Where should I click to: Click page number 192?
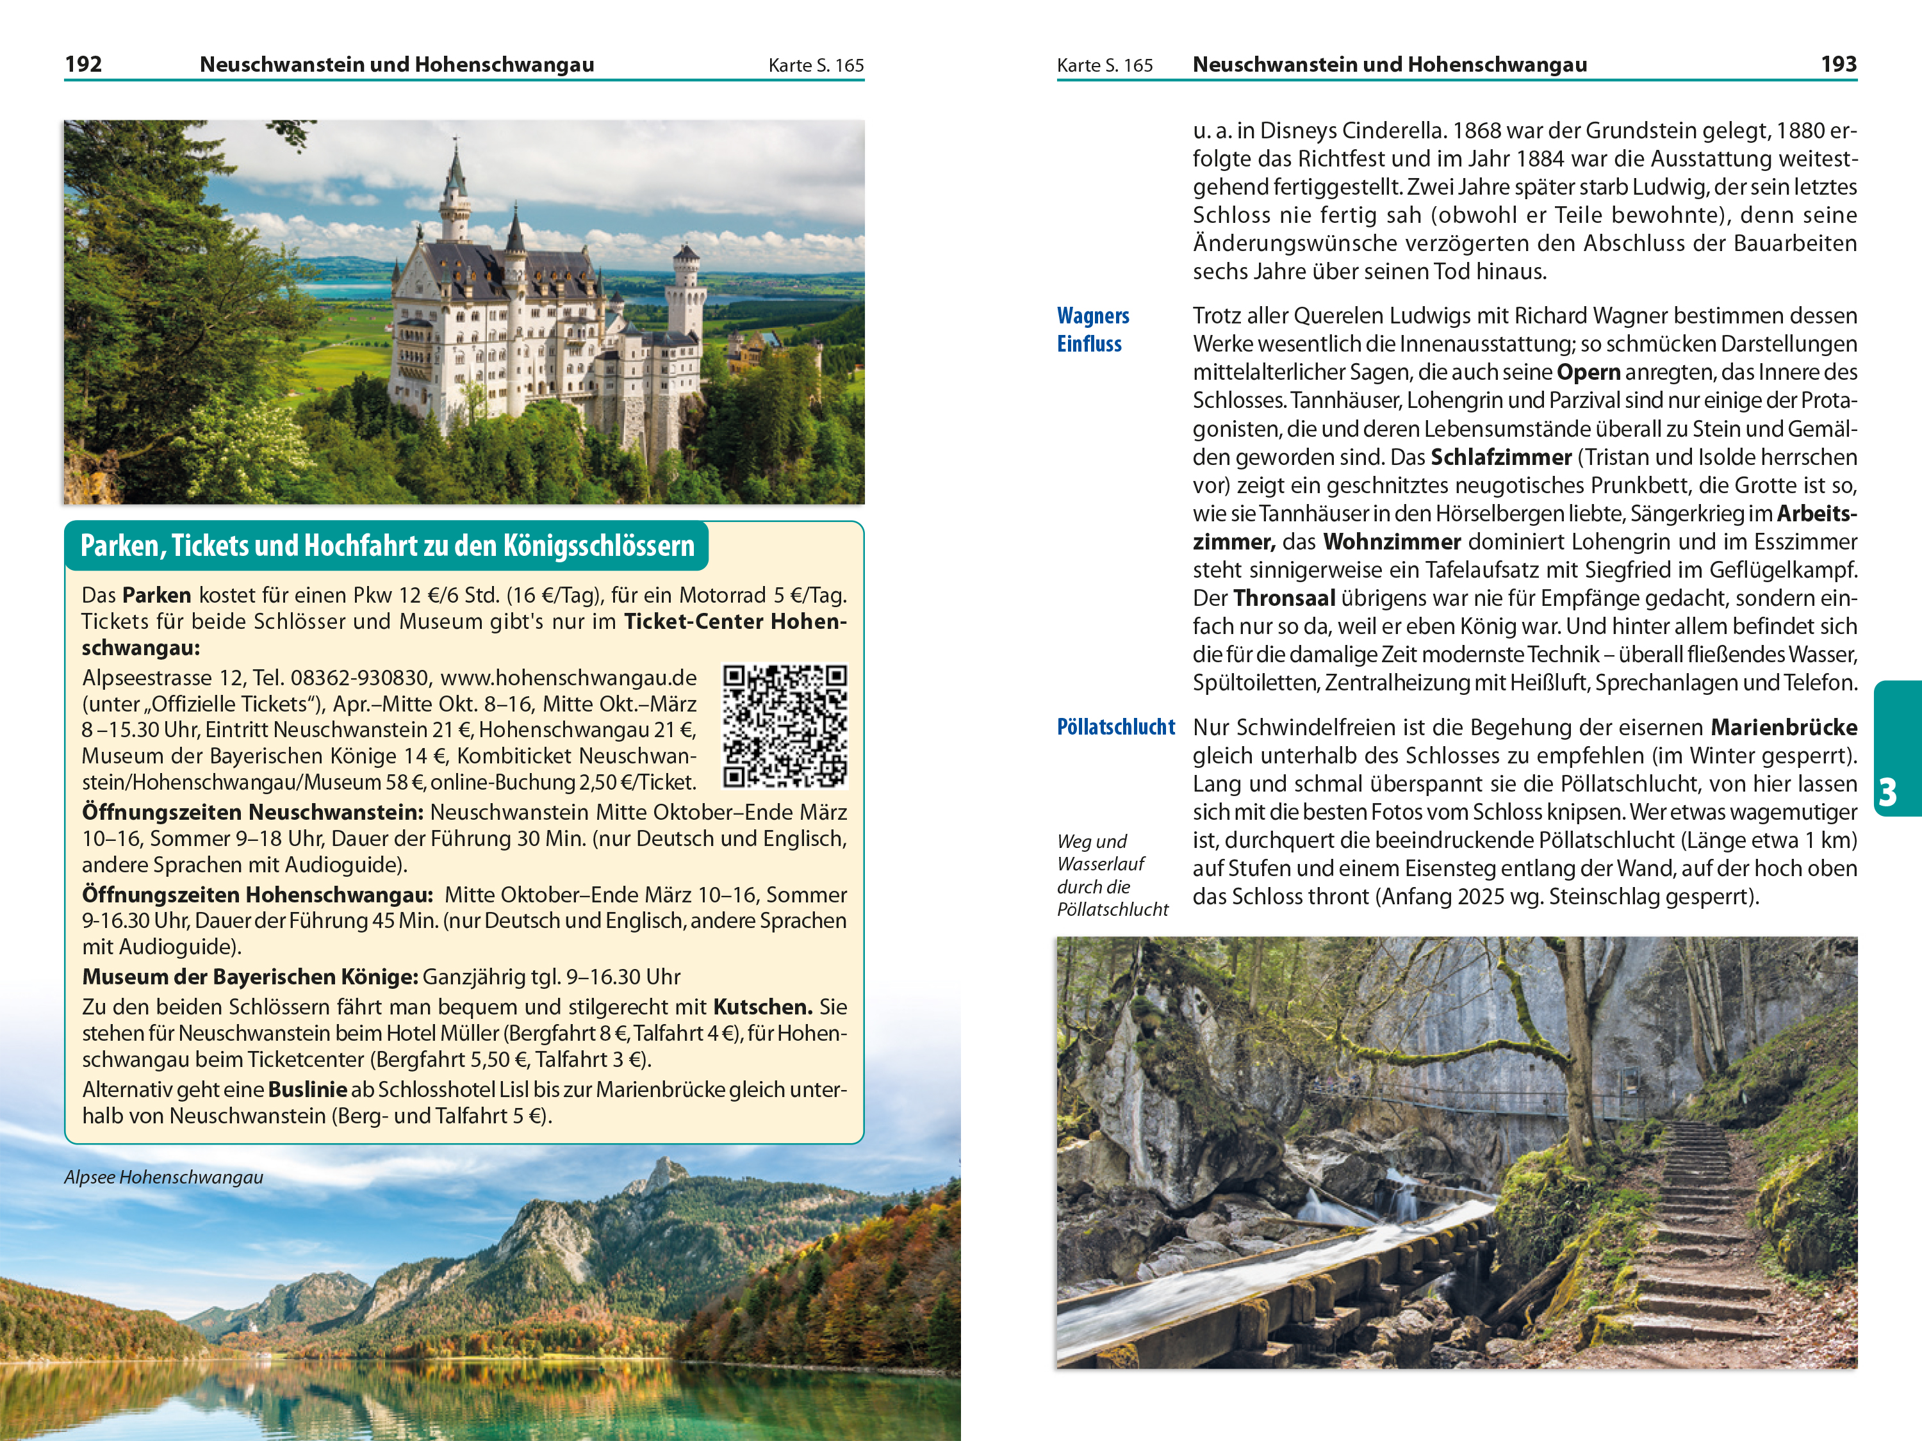83,64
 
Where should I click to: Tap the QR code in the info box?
785,726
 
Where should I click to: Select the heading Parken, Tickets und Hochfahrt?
388,546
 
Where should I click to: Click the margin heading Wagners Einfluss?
1092,330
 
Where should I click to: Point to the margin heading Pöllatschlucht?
1115,727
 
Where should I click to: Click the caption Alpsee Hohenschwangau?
163,1178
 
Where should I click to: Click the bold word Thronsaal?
1283,598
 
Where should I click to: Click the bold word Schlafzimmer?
1500,458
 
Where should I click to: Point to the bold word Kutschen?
762,1007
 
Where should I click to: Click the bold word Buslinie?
308,1090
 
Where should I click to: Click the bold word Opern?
1588,373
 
